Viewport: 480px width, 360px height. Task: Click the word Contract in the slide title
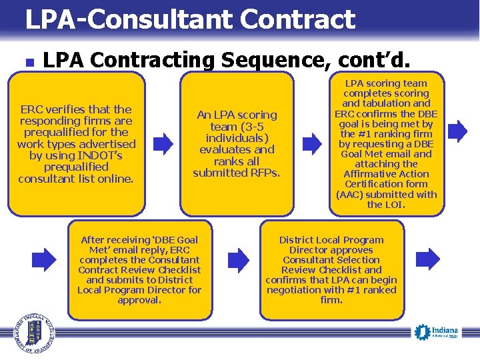point(298,19)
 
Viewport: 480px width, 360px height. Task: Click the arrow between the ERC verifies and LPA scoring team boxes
point(163,141)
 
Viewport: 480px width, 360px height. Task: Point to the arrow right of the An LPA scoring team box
point(311,141)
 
